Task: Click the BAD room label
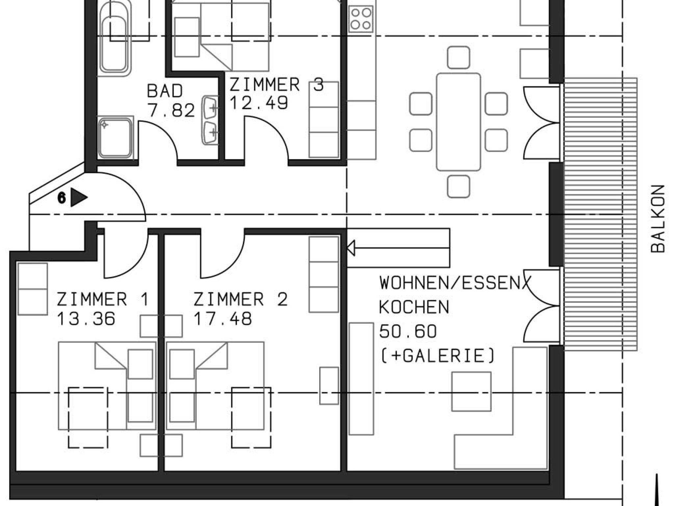(165, 91)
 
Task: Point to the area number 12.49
(259, 103)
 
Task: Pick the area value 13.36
(86, 318)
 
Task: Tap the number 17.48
(223, 318)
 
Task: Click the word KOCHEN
(414, 307)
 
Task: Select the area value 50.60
(408, 331)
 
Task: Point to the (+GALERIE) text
(438, 356)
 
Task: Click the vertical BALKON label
(658, 219)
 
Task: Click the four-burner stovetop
(361, 19)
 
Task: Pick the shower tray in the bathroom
(116, 138)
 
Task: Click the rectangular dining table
(458, 122)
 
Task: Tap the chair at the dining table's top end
(458, 58)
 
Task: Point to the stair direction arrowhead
(351, 248)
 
